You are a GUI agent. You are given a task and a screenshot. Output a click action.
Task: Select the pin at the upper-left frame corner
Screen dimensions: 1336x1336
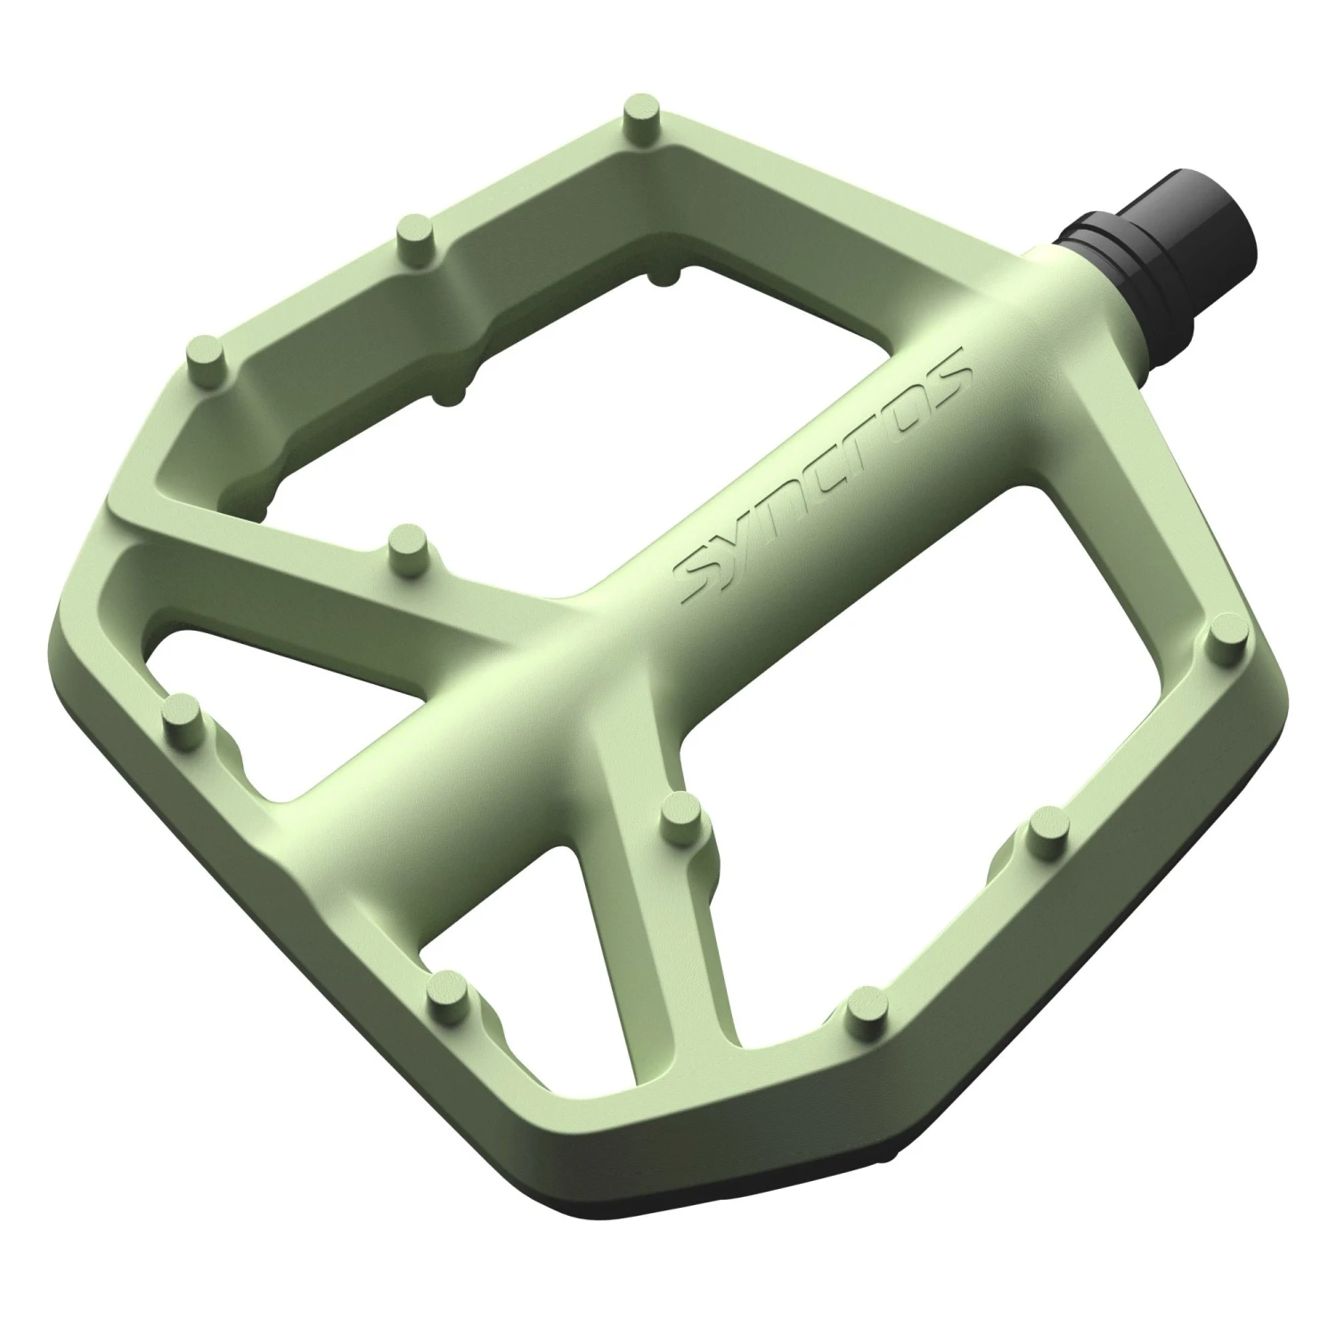tap(207, 353)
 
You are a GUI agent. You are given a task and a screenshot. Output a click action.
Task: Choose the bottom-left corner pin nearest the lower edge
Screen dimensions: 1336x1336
tap(446, 995)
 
